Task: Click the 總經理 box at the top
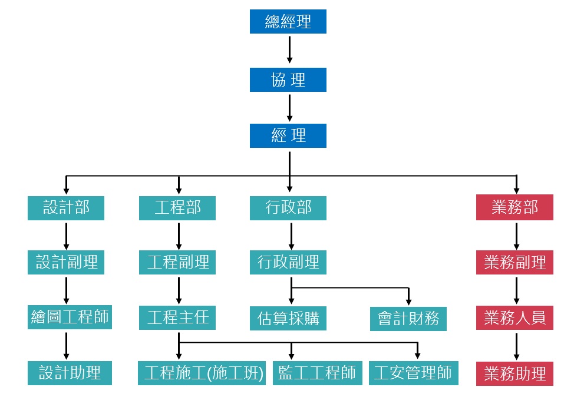click(288, 22)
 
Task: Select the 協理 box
click(288, 80)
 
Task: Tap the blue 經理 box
click(288, 135)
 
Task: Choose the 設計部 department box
click(66, 208)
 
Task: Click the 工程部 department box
click(177, 208)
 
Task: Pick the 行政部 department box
click(288, 208)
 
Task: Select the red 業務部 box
click(514, 208)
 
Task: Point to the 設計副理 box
click(66, 262)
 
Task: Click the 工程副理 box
click(177, 262)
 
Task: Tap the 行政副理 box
click(288, 262)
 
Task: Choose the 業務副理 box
click(514, 262)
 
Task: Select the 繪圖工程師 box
click(69, 317)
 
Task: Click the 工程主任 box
click(177, 318)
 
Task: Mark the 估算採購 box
click(288, 318)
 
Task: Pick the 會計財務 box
click(408, 318)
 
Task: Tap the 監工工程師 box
click(316, 373)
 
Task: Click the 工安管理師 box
click(413, 373)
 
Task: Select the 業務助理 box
click(514, 373)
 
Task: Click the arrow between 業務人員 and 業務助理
click(516, 346)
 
